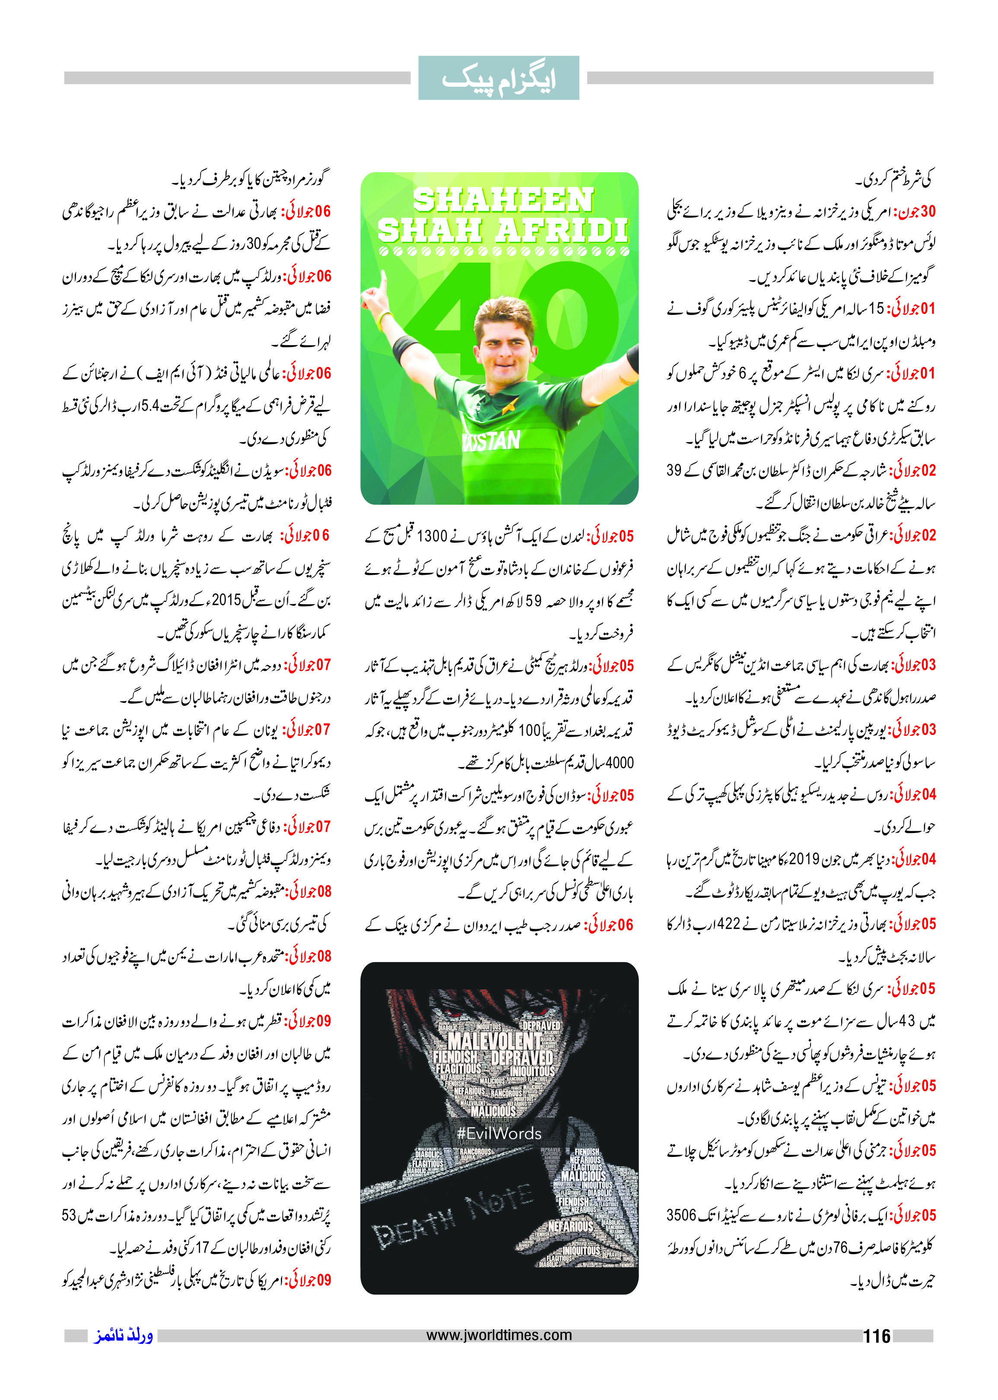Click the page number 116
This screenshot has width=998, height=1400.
876,1336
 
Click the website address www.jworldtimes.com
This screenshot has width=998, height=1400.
499,1334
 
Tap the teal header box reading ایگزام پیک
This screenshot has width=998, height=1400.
499,78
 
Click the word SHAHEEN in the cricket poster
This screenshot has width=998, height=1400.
503,200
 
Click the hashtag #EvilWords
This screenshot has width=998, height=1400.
499,1134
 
